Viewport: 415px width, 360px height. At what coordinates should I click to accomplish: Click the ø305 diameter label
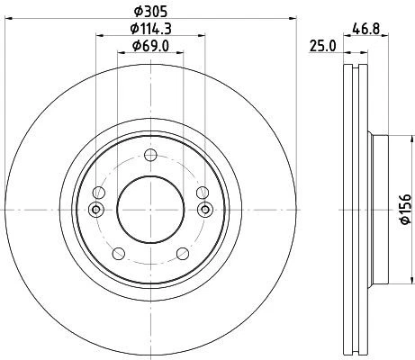click(150, 13)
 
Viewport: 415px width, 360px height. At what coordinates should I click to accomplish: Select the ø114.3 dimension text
click(150, 29)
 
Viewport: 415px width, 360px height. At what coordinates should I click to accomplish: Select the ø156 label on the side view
click(404, 209)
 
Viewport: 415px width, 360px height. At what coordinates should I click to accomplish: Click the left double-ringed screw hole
click(96, 211)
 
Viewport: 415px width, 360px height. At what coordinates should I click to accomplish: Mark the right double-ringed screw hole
click(204, 211)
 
